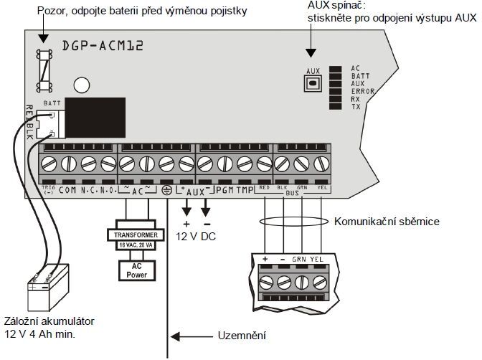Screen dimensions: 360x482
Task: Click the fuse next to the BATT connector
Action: (44, 70)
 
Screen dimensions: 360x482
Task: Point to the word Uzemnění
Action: (240, 336)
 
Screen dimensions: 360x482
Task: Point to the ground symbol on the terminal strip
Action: (166, 191)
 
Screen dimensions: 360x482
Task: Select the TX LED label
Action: (356, 107)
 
